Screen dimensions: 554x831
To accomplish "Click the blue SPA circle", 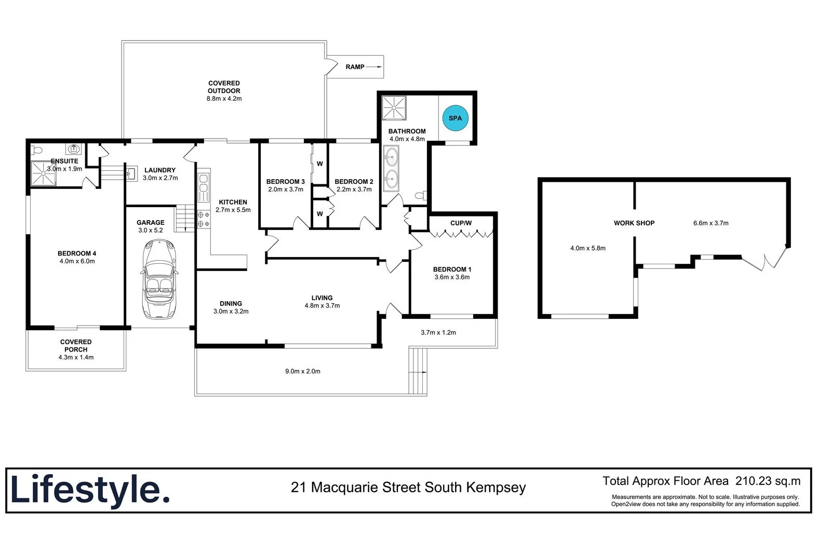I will [x=455, y=118].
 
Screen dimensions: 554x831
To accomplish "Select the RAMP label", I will [x=355, y=67].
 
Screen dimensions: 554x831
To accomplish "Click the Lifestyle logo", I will [x=90, y=490].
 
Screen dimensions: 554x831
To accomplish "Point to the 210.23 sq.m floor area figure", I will [x=768, y=481].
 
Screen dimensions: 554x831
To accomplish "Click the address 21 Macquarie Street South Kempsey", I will [x=408, y=488].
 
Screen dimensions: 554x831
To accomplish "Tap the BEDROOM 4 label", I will [x=77, y=253].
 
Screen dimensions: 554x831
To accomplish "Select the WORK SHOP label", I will [x=634, y=223].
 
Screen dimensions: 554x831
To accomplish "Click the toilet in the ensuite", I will [x=36, y=150].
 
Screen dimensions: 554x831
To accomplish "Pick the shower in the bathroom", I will [x=394, y=107].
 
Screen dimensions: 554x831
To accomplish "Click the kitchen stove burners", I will [x=203, y=219].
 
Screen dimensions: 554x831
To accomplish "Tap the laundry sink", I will [x=131, y=173].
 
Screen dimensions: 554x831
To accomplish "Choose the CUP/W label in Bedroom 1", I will [x=461, y=223].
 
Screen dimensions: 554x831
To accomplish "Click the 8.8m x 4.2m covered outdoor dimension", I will [x=224, y=99].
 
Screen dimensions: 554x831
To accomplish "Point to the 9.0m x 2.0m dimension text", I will [x=302, y=371].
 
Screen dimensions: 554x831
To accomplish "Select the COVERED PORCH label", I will [x=76, y=346].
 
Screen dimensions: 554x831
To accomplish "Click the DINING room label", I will [x=231, y=304].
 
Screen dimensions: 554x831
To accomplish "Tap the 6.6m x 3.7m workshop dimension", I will [x=711, y=223].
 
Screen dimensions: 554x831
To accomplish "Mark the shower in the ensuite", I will [x=43, y=173].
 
